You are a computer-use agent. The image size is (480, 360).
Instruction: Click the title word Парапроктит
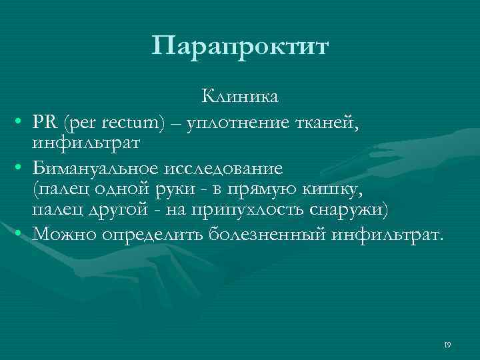pyautogui.click(x=240, y=47)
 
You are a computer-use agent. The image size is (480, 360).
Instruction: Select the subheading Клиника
pyautogui.click(x=241, y=97)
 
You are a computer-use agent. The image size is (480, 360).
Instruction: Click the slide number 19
pyautogui.click(x=447, y=345)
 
